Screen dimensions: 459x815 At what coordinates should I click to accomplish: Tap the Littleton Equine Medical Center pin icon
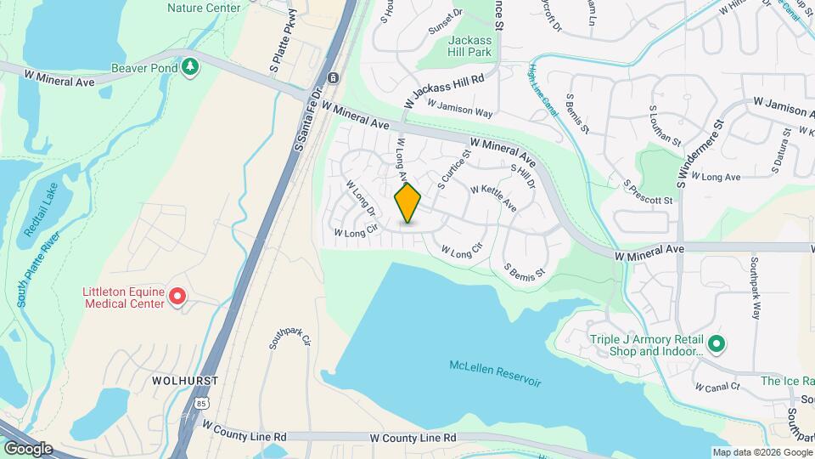(177, 297)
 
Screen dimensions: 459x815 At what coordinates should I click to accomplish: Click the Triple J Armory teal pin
(717, 344)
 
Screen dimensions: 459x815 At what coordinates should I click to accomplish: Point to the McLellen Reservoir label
(495, 372)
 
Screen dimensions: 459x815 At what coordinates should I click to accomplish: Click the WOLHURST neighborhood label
(185, 380)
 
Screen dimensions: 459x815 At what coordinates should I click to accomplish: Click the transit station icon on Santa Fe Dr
(334, 78)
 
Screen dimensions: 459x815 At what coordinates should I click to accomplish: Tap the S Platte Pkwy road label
(284, 39)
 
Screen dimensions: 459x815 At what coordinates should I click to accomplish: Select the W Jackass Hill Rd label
(444, 88)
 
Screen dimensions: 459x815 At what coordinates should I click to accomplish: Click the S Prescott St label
(647, 192)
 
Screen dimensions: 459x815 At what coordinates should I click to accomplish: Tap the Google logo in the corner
(28, 448)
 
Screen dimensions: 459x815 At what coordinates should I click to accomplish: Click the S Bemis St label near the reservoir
(523, 272)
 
